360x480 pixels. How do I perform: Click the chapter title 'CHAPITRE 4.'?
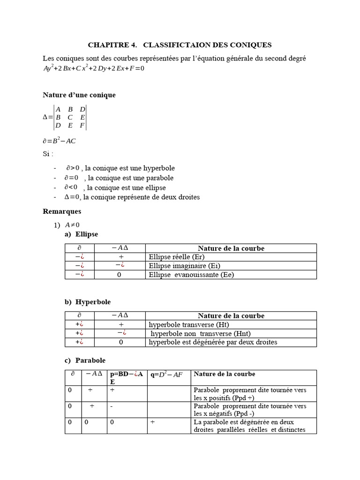coord(112,45)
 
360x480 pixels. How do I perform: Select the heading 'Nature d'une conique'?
coord(79,95)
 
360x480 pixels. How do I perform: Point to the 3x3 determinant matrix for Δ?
coord(70,117)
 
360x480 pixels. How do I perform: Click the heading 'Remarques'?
coord(62,211)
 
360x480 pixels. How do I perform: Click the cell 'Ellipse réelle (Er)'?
coord(177,257)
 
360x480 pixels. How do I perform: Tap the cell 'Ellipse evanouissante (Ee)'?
coord(191,275)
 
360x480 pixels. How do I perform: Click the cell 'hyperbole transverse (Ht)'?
coord(189,324)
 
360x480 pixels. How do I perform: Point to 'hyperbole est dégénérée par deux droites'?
coord(213,342)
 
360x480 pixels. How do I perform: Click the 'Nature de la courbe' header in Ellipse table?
coord(231,248)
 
